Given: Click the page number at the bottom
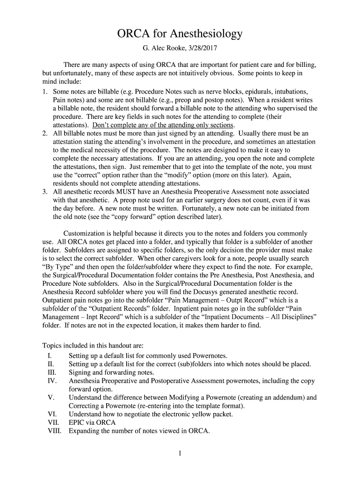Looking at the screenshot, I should pyautogui.click(x=180, y=453).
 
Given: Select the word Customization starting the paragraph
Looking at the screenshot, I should pyautogui.click(x=85, y=233).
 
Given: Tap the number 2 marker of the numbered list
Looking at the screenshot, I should pyautogui.click(x=44, y=133).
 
